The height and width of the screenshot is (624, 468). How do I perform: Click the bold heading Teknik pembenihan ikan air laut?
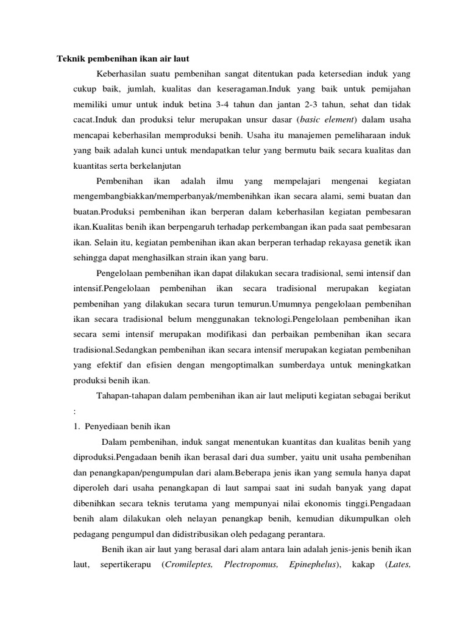[123, 58]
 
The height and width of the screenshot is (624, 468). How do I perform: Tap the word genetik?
[380, 242]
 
